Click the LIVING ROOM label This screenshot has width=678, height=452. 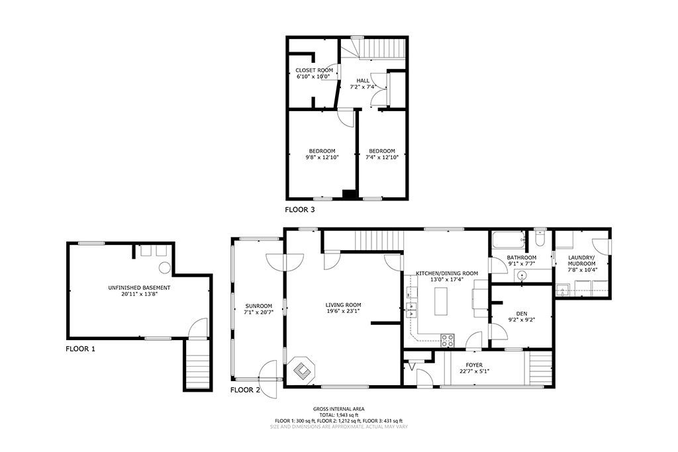(x=344, y=305)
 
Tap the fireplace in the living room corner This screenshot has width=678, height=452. (x=302, y=369)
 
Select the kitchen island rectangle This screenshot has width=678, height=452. (x=440, y=301)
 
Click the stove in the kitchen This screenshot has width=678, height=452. (x=448, y=341)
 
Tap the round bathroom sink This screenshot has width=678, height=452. (x=522, y=275)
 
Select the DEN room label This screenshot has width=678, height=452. (x=522, y=314)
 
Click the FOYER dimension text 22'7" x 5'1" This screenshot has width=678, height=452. (x=474, y=371)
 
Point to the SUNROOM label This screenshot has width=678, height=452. (x=259, y=306)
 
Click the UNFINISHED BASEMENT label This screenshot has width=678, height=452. (x=139, y=288)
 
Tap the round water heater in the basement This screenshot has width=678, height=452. (x=164, y=267)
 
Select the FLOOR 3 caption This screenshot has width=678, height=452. (x=300, y=210)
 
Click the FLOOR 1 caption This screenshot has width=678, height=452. (x=80, y=349)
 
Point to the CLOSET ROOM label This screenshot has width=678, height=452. (x=315, y=70)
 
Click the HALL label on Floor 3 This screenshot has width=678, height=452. (x=363, y=81)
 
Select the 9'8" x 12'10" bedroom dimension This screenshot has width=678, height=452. (x=322, y=158)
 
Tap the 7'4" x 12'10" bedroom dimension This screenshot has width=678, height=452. (x=382, y=158)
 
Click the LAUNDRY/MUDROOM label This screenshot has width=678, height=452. (x=582, y=260)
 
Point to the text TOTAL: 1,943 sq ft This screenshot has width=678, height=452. (x=339, y=415)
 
